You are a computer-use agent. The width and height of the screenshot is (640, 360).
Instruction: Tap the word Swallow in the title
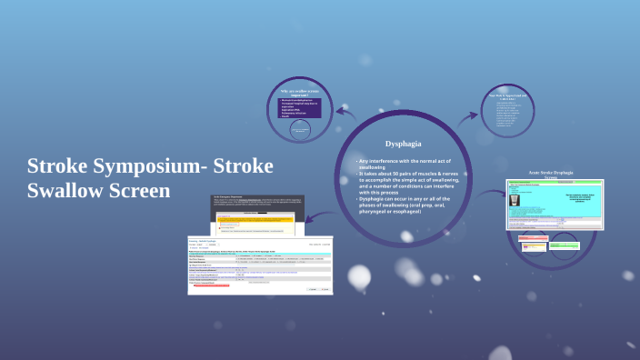coord(66,191)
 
